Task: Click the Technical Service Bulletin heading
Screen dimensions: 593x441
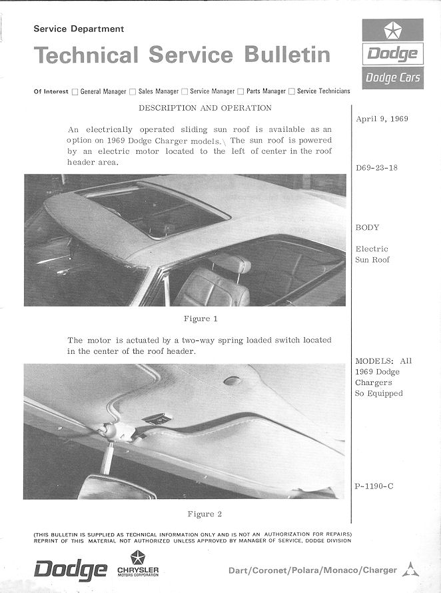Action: (x=182, y=55)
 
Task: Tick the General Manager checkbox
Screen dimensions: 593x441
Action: (x=75, y=91)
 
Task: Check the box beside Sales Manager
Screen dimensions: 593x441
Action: (x=133, y=91)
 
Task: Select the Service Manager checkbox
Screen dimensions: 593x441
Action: (x=185, y=91)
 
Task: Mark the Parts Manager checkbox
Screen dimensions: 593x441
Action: (x=240, y=91)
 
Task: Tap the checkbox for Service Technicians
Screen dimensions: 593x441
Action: (x=292, y=91)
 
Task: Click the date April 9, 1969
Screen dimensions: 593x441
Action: (x=382, y=119)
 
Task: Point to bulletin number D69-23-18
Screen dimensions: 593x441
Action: (x=377, y=167)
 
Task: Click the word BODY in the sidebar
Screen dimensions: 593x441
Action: (x=367, y=227)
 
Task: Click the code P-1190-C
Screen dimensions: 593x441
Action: (x=374, y=486)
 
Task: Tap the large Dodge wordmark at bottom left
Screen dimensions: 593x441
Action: (x=71, y=570)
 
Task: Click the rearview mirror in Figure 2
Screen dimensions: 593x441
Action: (x=117, y=488)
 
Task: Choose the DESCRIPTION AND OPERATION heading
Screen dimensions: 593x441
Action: (x=205, y=108)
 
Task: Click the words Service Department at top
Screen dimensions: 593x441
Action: (x=79, y=29)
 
